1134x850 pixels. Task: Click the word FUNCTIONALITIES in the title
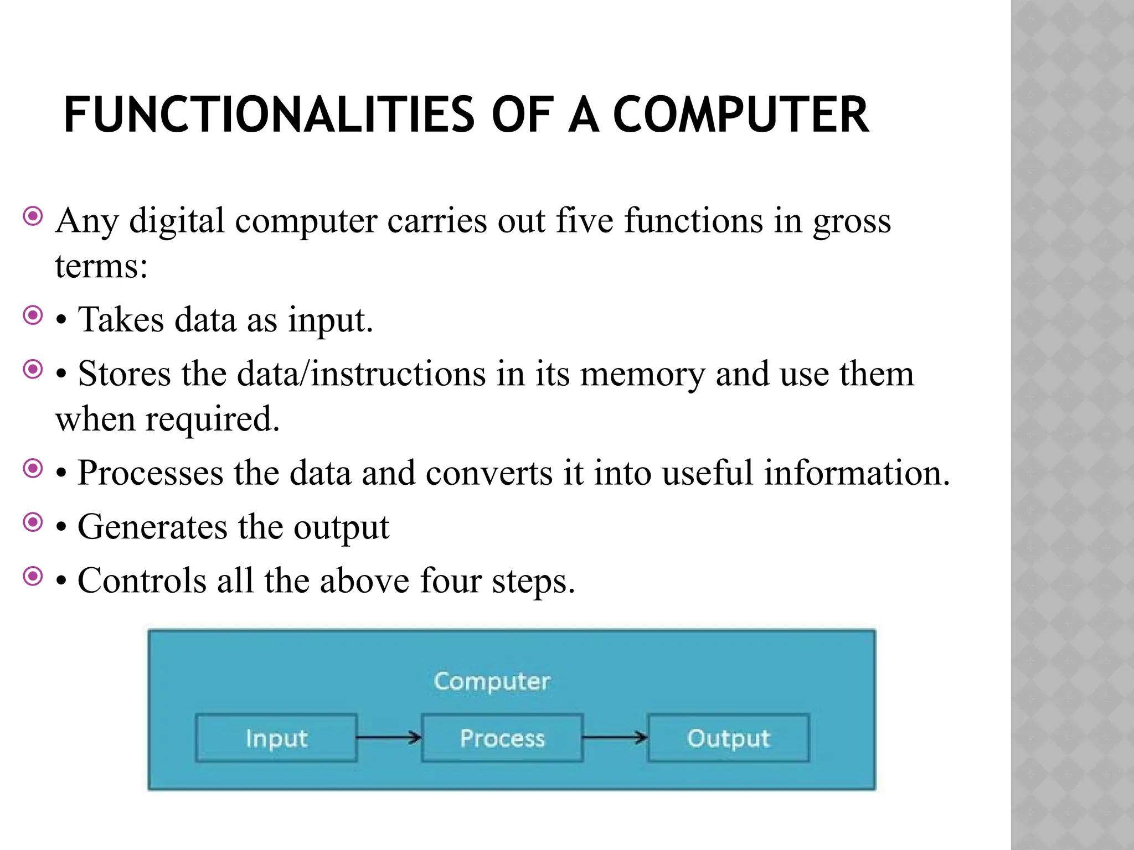[269, 115]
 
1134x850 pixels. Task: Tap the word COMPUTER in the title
[741, 115]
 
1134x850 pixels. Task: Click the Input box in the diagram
[276, 738]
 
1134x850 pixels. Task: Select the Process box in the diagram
[502, 738]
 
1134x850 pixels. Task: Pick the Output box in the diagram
[728, 738]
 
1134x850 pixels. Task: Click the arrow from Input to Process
[389, 737]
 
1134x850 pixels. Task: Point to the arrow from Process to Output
[615, 737]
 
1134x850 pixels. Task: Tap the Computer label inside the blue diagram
[492, 681]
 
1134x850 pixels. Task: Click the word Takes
[121, 320]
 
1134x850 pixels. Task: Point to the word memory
[642, 374]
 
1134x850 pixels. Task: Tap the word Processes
[151, 473]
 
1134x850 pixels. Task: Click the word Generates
[152, 527]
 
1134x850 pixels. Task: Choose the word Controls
[142, 581]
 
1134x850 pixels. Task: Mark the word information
[857, 473]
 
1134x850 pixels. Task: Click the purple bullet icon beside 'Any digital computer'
[33, 216]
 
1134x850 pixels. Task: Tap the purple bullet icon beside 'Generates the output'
[33, 522]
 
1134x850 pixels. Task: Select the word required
[213, 419]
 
